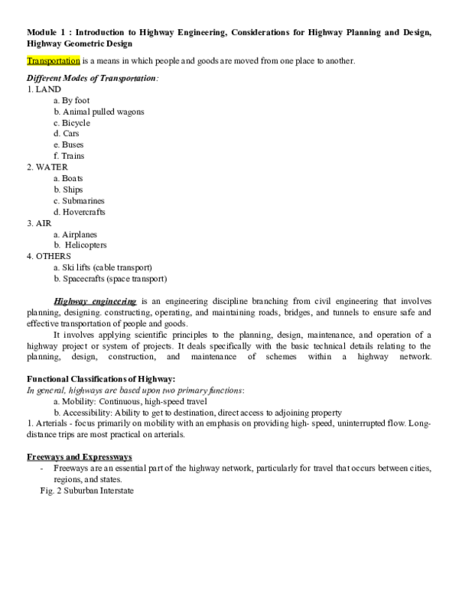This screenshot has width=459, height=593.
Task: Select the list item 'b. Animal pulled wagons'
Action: pos(99,112)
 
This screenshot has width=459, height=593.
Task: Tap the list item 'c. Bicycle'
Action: pos(72,122)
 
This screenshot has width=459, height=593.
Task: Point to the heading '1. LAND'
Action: pos(44,89)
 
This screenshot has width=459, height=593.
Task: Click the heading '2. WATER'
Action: pos(47,167)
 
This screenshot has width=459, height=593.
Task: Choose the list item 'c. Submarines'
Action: pos(80,201)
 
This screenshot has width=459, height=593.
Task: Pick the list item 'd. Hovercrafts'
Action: pos(80,212)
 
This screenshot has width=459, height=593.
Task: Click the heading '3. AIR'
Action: pos(40,223)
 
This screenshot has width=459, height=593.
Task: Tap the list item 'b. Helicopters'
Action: pos(80,245)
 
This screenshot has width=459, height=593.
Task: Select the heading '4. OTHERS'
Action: pos(48,256)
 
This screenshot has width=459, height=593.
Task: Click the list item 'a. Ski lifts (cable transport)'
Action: pos(103,267)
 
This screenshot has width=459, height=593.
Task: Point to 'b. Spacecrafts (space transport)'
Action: pos(110,279)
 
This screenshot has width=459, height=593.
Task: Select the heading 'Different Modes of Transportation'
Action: pos(93,78)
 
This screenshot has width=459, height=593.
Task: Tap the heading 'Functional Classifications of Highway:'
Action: pos(101,379)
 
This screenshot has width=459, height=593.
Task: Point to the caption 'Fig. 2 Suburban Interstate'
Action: pos(86,491)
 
